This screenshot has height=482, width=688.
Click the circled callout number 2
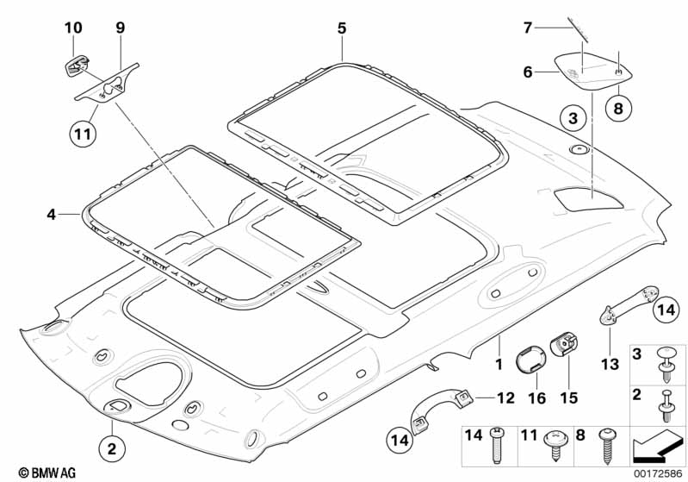coord(111,448)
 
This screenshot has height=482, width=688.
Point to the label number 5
coord(342,28)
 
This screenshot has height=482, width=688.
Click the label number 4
coord(51,213)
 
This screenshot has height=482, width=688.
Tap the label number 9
coord(121,28)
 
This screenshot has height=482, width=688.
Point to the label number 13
coord(610,364)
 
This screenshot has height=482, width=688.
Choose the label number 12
coord(506,397)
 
